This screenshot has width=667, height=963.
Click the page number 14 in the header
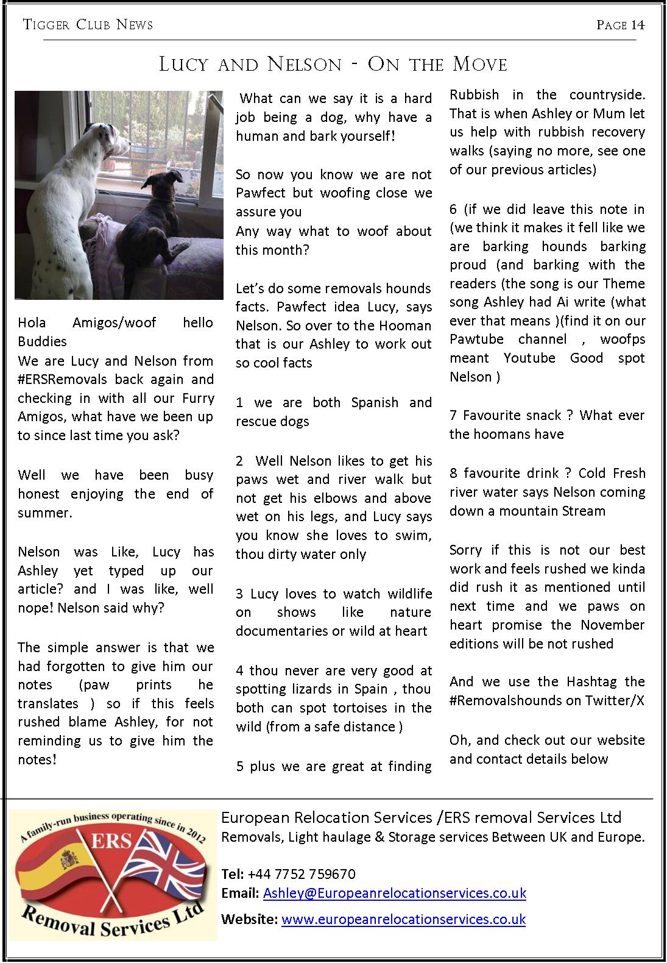click(637, 25)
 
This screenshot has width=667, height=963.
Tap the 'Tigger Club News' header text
click(88, 25)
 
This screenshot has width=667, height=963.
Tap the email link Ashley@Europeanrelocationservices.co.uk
click(394, 893)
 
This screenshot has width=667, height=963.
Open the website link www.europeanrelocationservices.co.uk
click(403, 919)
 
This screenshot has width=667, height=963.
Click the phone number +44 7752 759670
click(302, 874)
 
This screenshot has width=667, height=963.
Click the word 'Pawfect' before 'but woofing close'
click(260, 193)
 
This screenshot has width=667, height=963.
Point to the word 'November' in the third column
click(612, 625)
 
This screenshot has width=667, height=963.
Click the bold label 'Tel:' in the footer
click(233, 874)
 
